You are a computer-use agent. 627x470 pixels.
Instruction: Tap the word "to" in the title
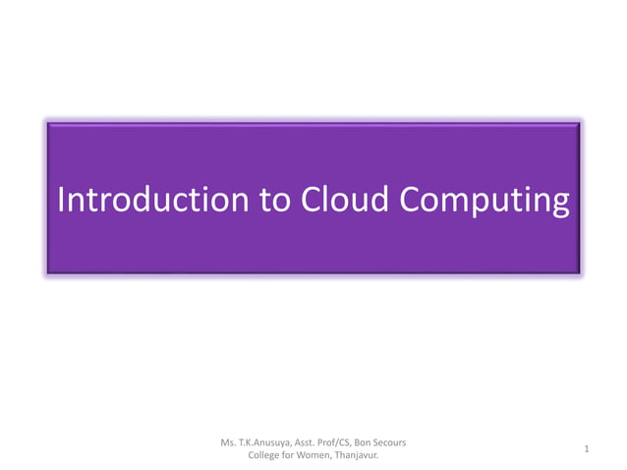pyautogui.click(x=275, y=200)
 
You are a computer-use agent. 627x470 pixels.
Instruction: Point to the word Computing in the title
pyautogui.click(x=484, y=202)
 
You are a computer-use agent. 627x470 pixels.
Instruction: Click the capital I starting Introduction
pyautogui.click(x=62, y=200)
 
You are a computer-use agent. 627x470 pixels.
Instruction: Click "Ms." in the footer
pyautogui.click(x=232, y=442)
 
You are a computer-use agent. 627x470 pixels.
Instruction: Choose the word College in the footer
pyautogui.click(x=269, y=455)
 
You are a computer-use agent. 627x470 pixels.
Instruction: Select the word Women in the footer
pyautogui.click(x=323, y=455)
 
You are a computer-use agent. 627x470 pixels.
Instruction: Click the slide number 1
pyautogui.click(x=586, y=449)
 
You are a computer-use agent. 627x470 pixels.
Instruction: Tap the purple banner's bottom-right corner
pyautogui.click(x=580, y=271)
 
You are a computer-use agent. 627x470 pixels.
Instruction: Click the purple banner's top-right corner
pyautogui.click(x=580, y=124)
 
